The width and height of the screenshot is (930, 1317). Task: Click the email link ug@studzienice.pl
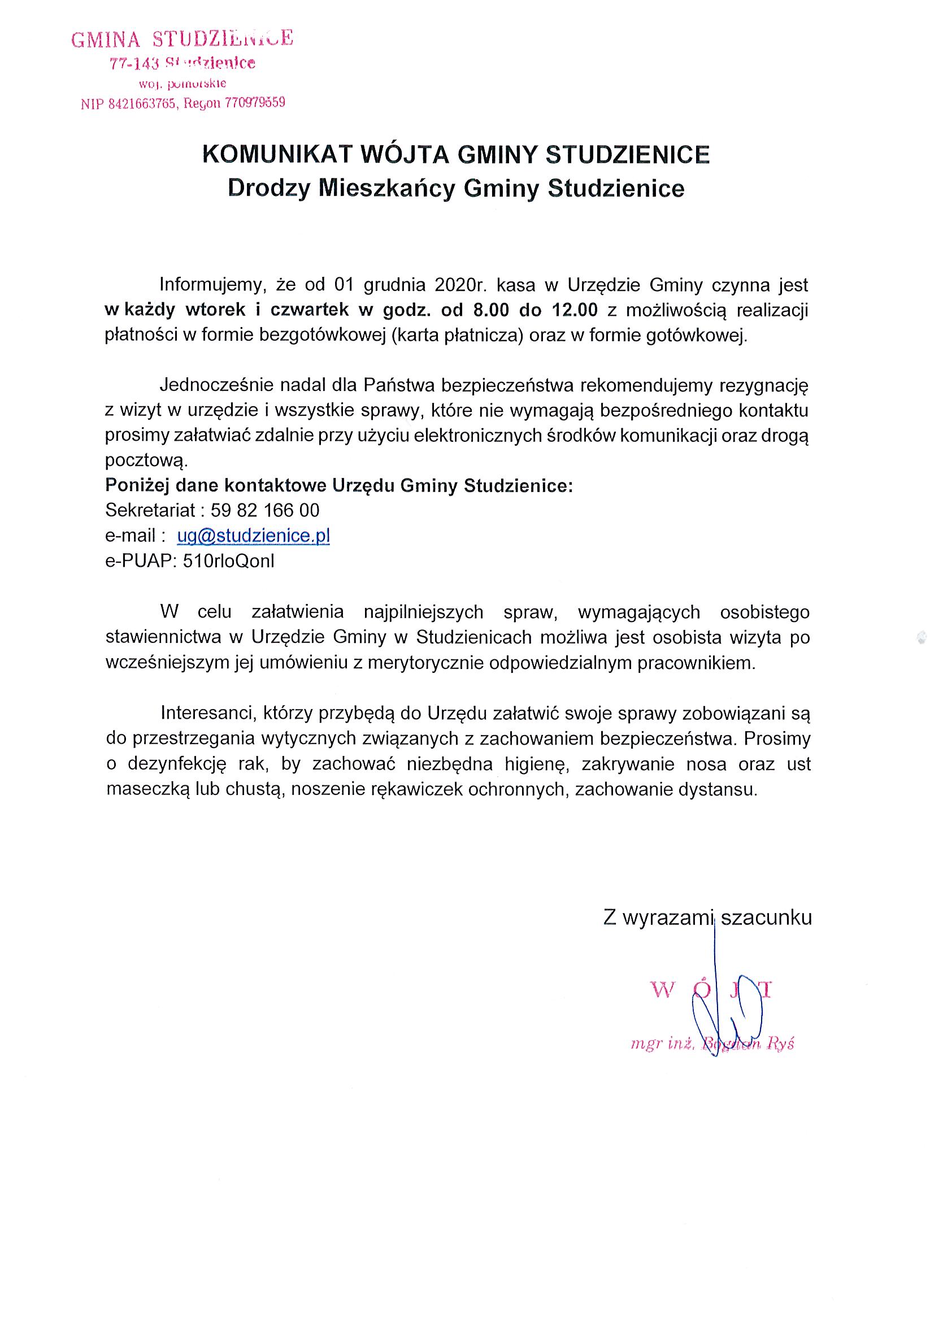[x=253, y=536]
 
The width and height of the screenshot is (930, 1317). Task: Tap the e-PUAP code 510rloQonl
[x=228, y=561]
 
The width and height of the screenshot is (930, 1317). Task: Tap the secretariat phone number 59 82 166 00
[x=265, y=510]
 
